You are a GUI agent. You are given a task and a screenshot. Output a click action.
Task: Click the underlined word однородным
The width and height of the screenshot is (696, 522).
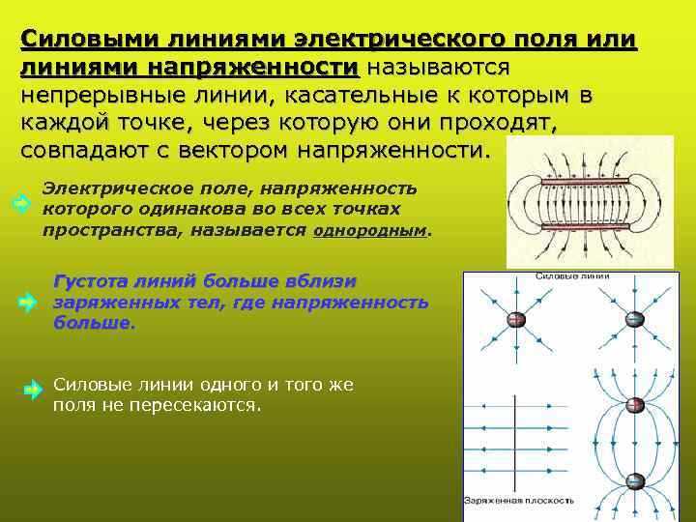(x=371, y=232)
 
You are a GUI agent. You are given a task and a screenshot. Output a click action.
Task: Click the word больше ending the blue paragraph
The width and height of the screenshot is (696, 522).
(x=94, y=322)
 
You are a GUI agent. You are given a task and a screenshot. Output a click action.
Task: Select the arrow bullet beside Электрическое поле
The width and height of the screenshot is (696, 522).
(x=19, y=203)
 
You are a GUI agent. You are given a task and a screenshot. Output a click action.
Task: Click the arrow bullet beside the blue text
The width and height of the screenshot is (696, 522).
(x=28, y=303)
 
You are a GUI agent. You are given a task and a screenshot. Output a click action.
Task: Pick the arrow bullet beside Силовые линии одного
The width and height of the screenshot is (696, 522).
(x=32, y=391)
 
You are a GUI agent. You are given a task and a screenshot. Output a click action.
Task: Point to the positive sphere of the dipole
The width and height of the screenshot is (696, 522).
(x=634, y=406)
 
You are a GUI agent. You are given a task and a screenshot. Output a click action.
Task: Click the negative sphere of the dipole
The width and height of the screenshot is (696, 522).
(x=634, y=480)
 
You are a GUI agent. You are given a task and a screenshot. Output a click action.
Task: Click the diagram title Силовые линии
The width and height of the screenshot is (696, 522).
(x=571, y=276)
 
